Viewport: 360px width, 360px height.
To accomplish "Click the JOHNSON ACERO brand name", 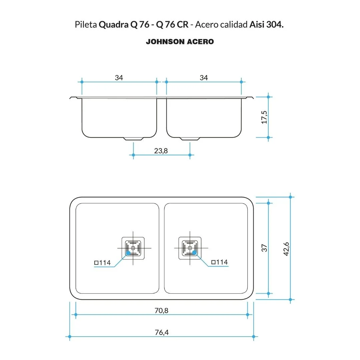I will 180,42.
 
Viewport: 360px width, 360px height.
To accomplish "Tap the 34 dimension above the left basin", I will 119,78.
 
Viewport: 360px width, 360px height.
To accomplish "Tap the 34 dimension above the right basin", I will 204,78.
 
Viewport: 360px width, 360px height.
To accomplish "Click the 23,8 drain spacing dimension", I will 161,151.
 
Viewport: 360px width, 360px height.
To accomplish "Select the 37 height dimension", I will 264,248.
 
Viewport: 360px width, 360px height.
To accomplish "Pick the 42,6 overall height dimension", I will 286,248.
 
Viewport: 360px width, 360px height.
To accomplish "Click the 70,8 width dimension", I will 162,310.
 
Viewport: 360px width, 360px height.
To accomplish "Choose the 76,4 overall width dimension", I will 162,332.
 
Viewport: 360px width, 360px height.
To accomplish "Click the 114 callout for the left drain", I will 102,263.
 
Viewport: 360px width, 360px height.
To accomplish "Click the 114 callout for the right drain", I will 219,262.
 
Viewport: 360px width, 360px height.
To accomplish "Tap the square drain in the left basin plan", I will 133,248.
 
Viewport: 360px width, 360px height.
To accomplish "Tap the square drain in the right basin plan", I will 190,248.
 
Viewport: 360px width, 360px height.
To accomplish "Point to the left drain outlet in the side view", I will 134,138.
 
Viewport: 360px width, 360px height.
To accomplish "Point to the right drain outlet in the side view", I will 190,138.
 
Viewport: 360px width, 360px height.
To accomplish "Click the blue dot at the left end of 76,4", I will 70,336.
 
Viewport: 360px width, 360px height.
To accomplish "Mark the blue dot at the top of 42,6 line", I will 290,197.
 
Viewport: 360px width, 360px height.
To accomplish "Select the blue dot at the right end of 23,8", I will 190,155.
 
